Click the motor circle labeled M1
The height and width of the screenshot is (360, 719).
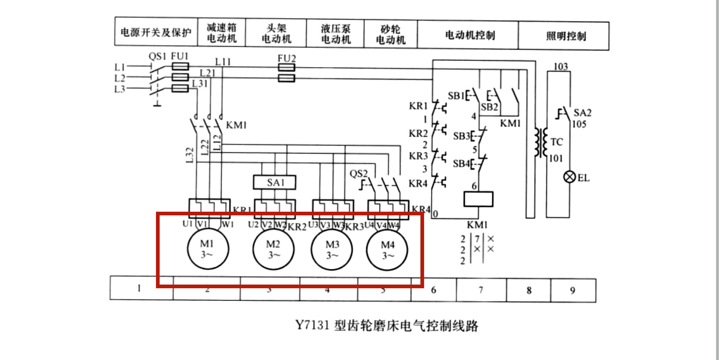(x=208, y=249)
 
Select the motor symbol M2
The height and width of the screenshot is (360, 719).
(x=274, y=249)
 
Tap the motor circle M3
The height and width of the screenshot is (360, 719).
(x=332, y=250)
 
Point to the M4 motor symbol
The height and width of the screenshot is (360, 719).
(x=387, y=250)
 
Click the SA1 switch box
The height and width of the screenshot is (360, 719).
(x=275, y=182)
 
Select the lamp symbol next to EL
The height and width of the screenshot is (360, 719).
(x=569, y=177)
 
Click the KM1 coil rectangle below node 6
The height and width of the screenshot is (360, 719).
(x=478, y=199)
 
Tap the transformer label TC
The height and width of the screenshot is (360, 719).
(x=556, y=142)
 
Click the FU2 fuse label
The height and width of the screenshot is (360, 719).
(x=287, y=58)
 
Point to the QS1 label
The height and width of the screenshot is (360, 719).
(x=157, y=57)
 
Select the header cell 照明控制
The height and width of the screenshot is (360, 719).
(x=566, y=36)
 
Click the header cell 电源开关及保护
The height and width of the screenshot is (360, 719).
(x=156, y=33)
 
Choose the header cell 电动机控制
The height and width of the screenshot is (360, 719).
(x=470, y=35)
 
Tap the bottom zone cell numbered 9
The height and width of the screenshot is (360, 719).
(x=572, y=290)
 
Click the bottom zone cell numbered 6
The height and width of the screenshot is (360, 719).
(x=433, y=290)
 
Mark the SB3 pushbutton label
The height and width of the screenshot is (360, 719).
(x=461, y=136)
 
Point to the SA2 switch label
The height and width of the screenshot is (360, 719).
(x=582, y=113)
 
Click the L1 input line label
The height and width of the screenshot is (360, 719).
(x=120, y=67)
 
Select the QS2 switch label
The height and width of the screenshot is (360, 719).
(x=358, y=174)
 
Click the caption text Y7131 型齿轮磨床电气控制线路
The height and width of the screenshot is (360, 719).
(x=387, y=325)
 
